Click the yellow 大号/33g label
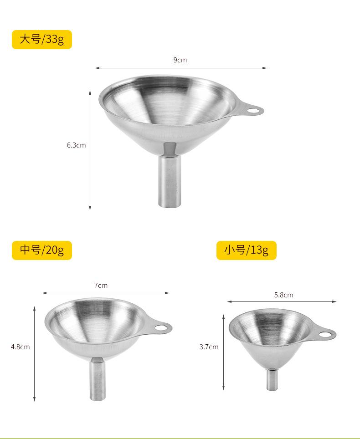click(x=42, y=40)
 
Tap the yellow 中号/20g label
click(x=42, y=250)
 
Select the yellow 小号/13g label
click(x=246, y=250)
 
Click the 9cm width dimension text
click(x=180, y=60)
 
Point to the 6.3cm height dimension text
click(x=76, y=145)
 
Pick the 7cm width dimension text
click(x=101, y=285)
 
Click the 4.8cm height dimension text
click(x=20, y=347)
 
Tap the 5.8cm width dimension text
click(x=283, y=295)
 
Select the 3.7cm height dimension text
click(x=209, y=347)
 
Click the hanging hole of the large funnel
click(x=253, y=110)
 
